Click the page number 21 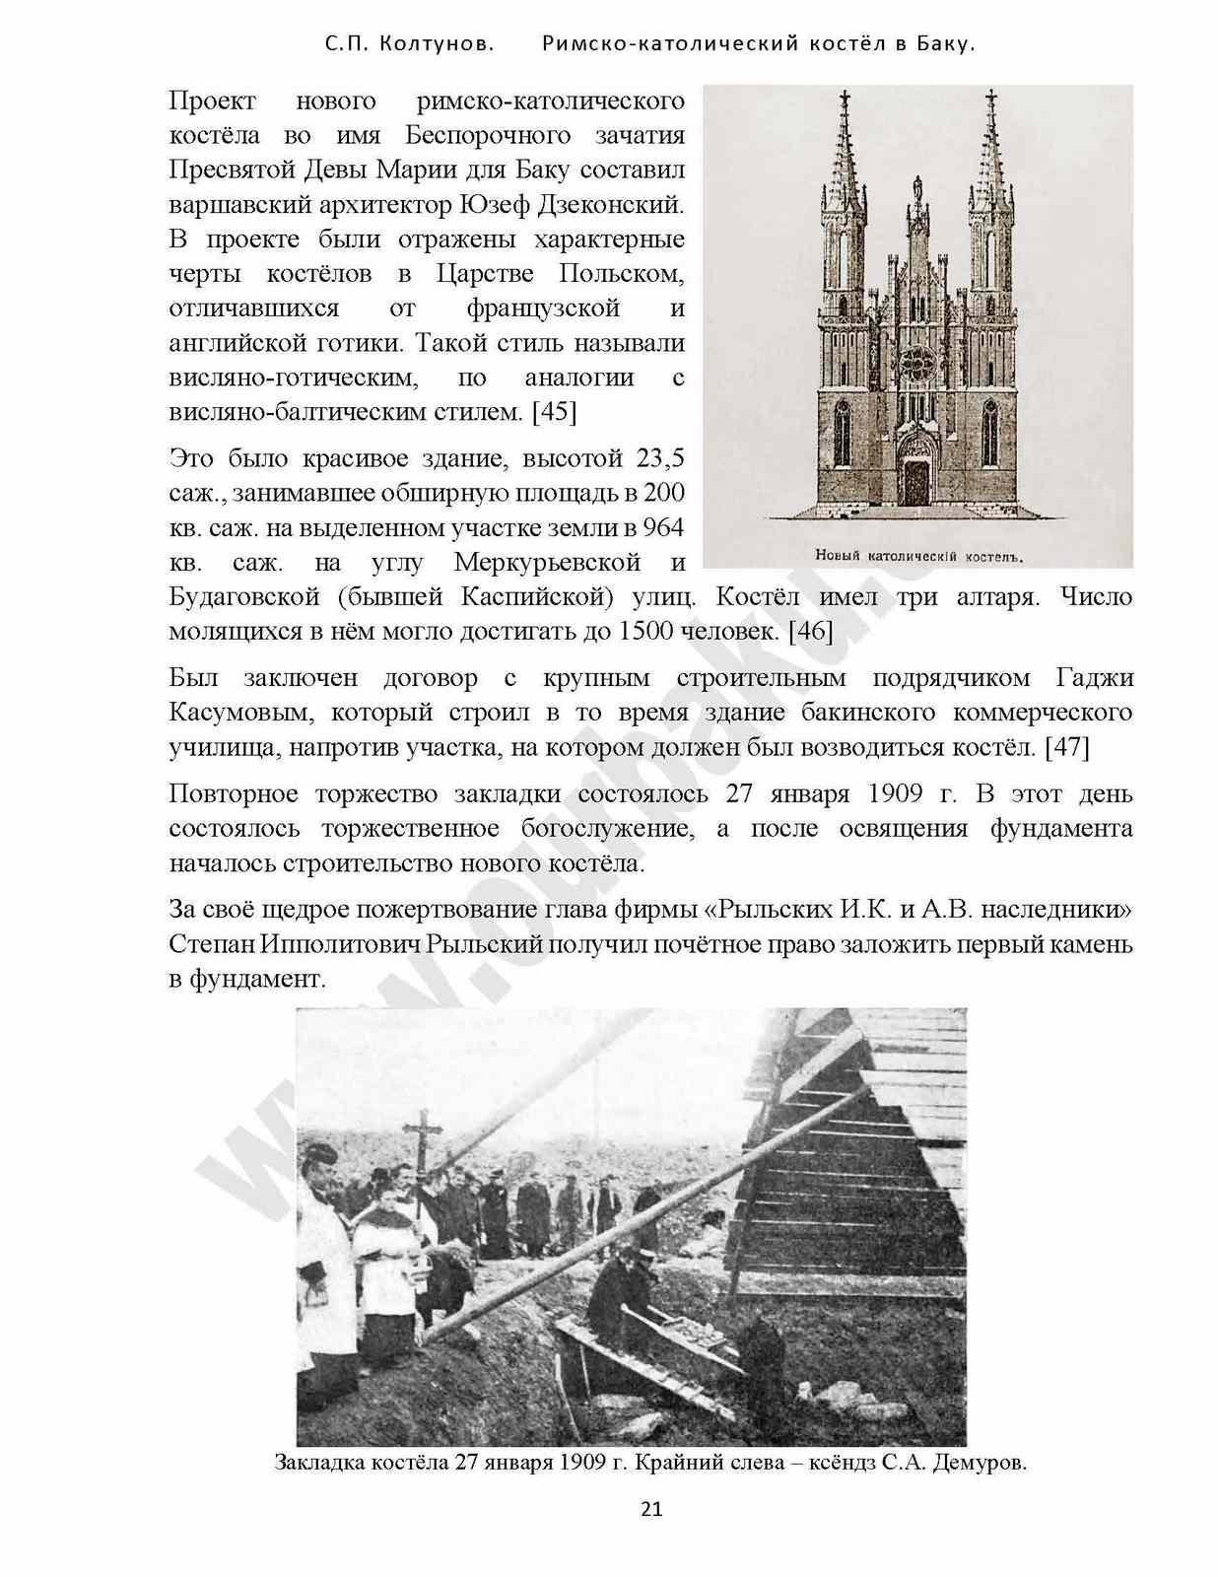[651, 1508]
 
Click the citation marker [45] [554, 412]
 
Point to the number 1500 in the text [646, 631]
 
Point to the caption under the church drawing [918, 556]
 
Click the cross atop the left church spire [845, 101]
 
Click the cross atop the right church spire [991, 101]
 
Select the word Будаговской [245, 597]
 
